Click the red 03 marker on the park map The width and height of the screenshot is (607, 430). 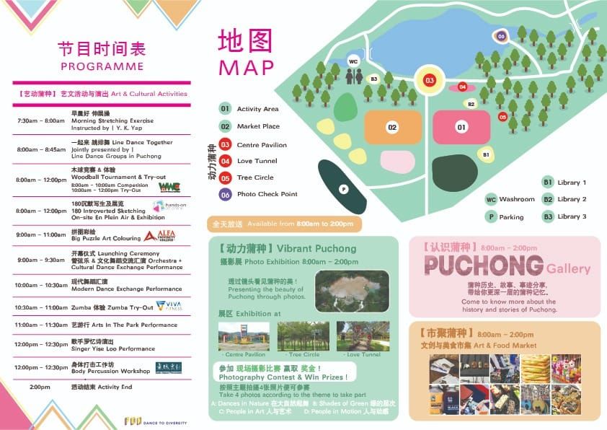[x=430, y=80]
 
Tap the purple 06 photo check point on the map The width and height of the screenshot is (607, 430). [x=501, y=36]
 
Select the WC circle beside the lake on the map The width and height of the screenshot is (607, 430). [x=353, y=61]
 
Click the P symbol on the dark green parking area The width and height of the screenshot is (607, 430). [x=344, y=189]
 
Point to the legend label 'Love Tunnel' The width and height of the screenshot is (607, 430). [x=257, y=161]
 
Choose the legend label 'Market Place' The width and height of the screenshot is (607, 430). [x=257, y=126]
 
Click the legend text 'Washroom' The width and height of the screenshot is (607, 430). [x=517, y=199]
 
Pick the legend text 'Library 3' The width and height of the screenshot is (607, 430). [x=572, y=216]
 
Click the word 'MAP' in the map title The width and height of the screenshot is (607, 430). [x=247, y=67]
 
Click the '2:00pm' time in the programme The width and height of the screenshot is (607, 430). [x=40, y=387]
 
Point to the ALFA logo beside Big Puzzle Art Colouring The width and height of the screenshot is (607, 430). [x=159, y=235]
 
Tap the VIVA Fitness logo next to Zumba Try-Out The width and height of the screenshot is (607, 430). [x=169, y=306]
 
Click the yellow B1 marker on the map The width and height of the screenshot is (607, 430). [x=486, y=154]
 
